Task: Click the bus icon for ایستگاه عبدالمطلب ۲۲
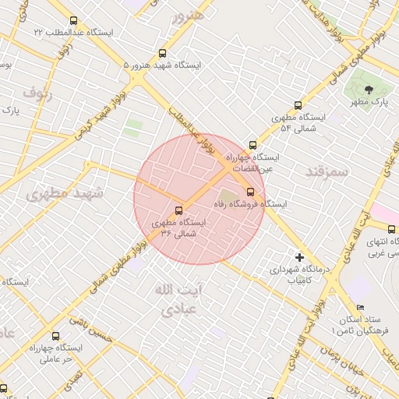pyautogui.click(x=74, y=21)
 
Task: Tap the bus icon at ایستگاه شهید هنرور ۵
pyautogui.click(x=162, y=54)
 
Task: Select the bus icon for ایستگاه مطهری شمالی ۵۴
pyautogui.click(x=298, y=105)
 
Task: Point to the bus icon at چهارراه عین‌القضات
pyautogui.click(x=252, y=145)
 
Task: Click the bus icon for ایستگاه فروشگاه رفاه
pyautogui.click(x=250, y=192)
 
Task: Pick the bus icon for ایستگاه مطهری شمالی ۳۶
pyautogui.click(x=179, y=210)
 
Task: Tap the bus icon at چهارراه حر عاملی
pyautogui.click(x=55, y=336)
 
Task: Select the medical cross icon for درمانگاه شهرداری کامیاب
pyautogui.click(x=299, y=256)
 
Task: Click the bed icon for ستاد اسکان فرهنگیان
pyautogui.click(x=359, y=307)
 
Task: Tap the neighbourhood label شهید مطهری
pyautogui.click(x=58, y=193)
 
